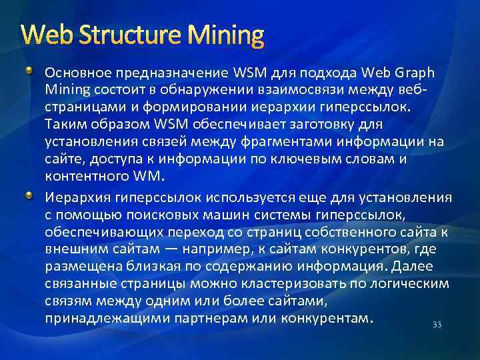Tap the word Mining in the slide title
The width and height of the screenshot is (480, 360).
pos(230,34)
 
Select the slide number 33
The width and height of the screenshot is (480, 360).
pos(437,325)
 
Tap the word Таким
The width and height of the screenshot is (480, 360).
pos(64,125)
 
